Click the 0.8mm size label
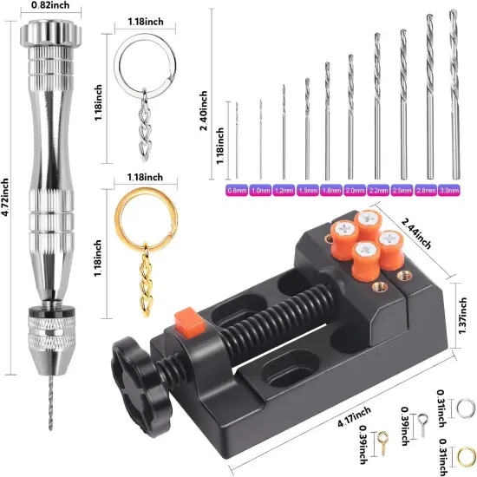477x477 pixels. click(235, 189)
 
